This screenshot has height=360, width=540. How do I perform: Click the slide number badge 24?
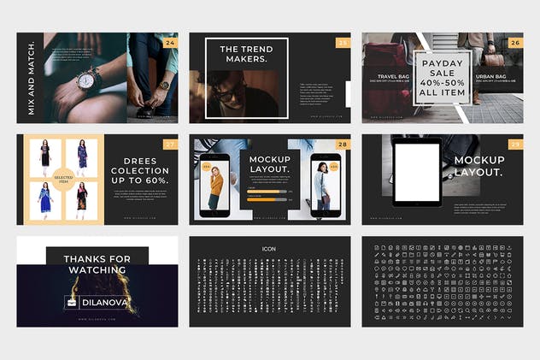click(171, 42)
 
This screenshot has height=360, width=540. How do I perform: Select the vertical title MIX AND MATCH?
click(31, 77)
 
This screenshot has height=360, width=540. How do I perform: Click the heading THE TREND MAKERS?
click(246, 56)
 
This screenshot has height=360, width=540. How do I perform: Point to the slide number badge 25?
click(343, 42)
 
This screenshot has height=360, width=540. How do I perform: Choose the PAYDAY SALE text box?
click(442, 77)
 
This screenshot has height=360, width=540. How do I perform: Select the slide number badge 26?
click(515, 42)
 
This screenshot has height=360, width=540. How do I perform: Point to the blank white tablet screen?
click(417, 174)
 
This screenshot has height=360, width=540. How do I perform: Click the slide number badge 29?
click(515, 144)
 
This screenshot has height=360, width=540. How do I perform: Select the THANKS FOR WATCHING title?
click(97, 264)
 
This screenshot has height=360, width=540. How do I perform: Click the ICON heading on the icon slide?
click(269, 249)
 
